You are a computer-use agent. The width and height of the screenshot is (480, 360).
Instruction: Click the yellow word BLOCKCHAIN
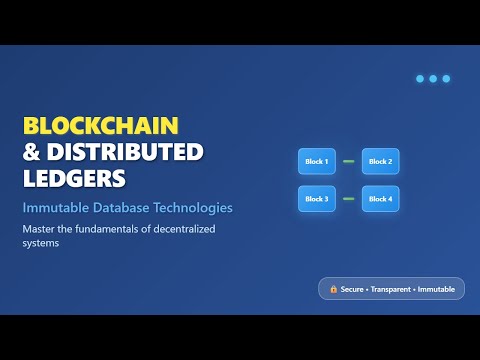pyautogui.click(x=100, y=126)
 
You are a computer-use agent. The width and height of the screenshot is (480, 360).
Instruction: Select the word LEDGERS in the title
pyautogui.click(x=75, y=179)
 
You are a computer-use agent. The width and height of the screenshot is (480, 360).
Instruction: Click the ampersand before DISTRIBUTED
pyautogui.click(x=31, y=153)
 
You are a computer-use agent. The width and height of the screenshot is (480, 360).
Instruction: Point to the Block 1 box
pyautogui.click(x=316, y=161)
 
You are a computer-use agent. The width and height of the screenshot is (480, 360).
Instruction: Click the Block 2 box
pyautogui.click(x=380, y=161)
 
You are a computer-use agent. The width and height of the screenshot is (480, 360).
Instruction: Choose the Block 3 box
pyautogui.click(x=316, y=199)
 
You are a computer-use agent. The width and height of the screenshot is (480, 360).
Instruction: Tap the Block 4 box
pyautogui.click(x=380, y=199)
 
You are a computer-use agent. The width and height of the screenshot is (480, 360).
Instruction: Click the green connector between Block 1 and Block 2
pyautogui.click(x=348, y=161)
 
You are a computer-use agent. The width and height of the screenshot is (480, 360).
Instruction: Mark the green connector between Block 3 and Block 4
pyautogui.click(x=348, y=199)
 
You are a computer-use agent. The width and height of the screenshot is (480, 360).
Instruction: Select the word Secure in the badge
pyautogui.click(x=351, y=289)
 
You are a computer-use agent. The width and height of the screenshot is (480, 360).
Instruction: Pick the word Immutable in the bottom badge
pyautogui.click(x=437, y=289)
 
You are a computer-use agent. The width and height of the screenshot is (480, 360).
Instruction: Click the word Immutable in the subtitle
pyautogui.click(x=55, y=208)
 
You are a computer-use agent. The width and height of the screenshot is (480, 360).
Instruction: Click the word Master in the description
pyautogui.click(x=39, y=229)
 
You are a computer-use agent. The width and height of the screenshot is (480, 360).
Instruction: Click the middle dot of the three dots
pyautogui.click(x=433, y=78)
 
